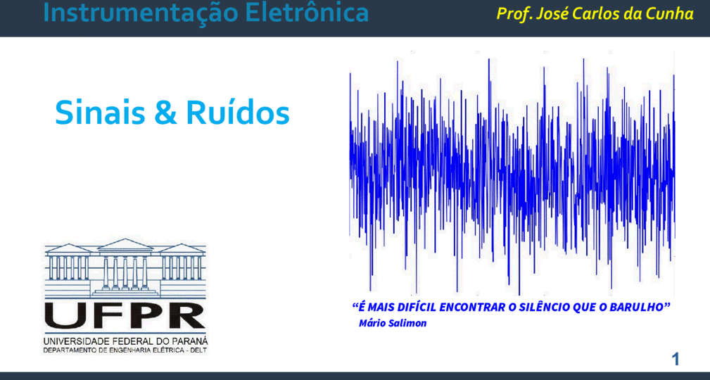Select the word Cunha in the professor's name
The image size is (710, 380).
point(672,13)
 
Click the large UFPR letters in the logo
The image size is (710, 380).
point(125,315)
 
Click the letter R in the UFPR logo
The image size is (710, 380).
point(187,315)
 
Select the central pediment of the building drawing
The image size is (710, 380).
point(125,245)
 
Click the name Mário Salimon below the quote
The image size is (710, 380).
point(393,324)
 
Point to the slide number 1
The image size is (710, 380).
point(675,360)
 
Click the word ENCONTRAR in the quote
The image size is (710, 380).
point(473,307)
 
